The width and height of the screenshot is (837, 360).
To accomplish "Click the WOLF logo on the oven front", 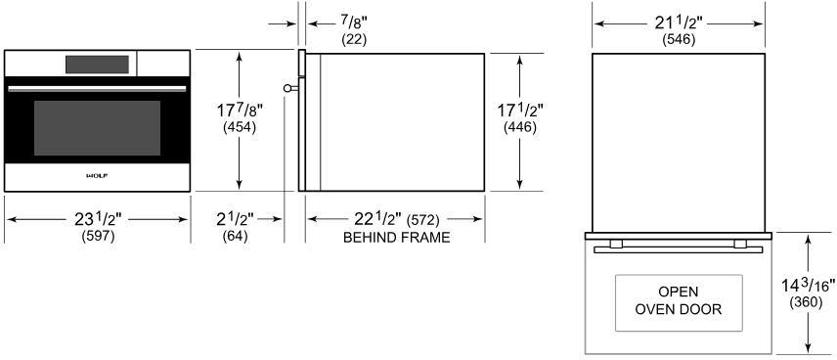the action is (x=97, y=175).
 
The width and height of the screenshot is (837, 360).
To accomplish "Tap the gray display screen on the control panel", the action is (x=97, y=65).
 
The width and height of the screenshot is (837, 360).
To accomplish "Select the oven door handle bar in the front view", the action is (x=97, y=89).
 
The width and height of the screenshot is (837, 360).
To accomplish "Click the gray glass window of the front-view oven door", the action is (x=97, y=127).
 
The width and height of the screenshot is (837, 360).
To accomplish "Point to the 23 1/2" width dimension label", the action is (x=98, y=218).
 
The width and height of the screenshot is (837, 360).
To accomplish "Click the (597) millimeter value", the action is (x=98, y=236).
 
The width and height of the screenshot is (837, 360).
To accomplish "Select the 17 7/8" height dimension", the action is (x=240, y=111).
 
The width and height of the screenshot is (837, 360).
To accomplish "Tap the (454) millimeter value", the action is (x=240, y=127).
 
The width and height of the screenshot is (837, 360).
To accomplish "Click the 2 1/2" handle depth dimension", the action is (x=236, y=218).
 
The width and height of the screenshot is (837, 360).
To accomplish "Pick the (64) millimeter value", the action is (x=236, y=236).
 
